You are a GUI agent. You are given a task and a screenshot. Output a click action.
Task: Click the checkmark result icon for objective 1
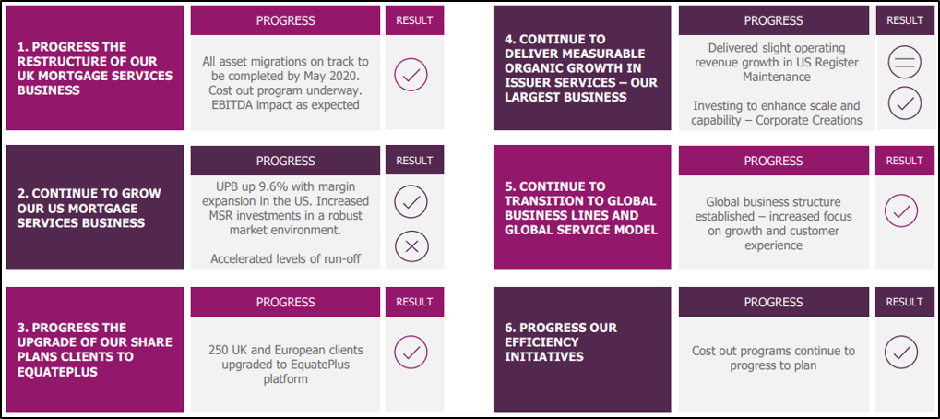coord(411,75)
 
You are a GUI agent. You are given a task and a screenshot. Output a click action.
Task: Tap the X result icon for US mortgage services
coord(411,245)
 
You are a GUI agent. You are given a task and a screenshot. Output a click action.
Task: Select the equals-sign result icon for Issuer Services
coord(905,63)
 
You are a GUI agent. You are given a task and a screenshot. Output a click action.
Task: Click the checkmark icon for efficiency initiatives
coord(901,352)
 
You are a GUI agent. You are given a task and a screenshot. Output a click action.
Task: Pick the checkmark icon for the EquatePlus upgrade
coord(411,352)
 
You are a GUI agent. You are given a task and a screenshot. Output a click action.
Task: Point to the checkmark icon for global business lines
coord(901,210)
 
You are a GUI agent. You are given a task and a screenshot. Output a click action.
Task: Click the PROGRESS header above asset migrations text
coord(285,20)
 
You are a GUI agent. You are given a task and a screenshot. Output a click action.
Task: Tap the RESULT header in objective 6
coord(904,302)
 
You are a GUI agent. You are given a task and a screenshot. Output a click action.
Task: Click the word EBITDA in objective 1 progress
coord(229,105)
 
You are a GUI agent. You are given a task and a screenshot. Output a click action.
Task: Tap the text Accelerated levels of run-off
coord(285,258)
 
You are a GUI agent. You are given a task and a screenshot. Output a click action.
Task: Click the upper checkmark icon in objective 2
coord(411,202)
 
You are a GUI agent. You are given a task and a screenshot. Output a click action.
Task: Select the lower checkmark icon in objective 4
coord(905,103)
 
